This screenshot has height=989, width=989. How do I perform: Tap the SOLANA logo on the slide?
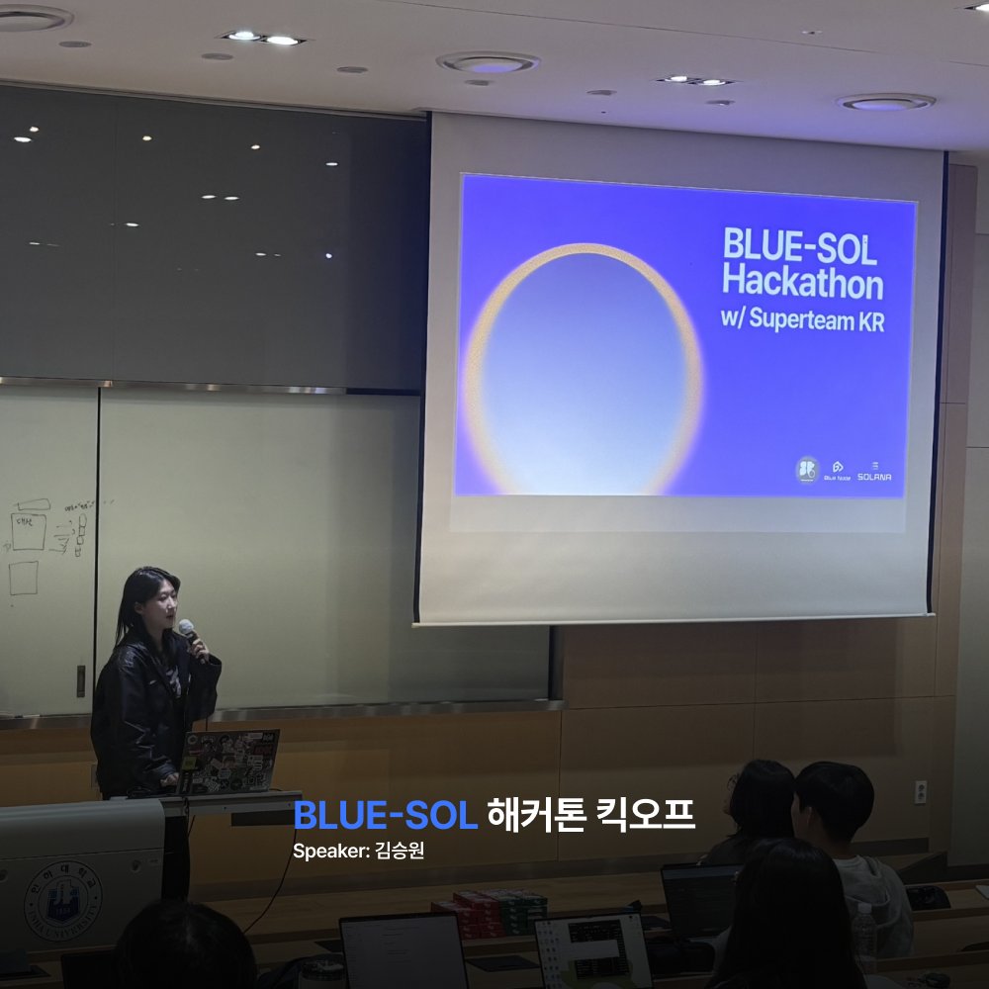click(874, 471)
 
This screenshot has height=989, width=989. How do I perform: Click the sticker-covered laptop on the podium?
click(229, 761)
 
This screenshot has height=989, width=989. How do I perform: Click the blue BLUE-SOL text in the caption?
click(386, 816)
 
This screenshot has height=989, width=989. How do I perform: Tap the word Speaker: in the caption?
click(331, 851)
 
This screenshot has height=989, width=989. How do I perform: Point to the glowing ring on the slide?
click(584, 368)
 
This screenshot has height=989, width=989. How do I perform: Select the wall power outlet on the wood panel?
click(920, 791)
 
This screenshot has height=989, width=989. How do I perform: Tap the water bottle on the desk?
click(864, 936)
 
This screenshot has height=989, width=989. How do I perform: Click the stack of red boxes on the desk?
click(489, 912)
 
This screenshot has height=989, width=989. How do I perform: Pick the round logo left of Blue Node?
click(808, 469)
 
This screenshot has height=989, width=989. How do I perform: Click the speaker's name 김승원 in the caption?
click(401, 851)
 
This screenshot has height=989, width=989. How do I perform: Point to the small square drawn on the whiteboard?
click(24, 578)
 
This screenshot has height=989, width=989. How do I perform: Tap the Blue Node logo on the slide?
click(837, 470)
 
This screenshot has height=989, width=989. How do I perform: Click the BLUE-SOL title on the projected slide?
click(799, 246)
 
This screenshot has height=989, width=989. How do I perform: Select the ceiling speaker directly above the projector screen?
click(488, 63)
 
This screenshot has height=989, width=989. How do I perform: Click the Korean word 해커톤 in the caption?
click(525, 816)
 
